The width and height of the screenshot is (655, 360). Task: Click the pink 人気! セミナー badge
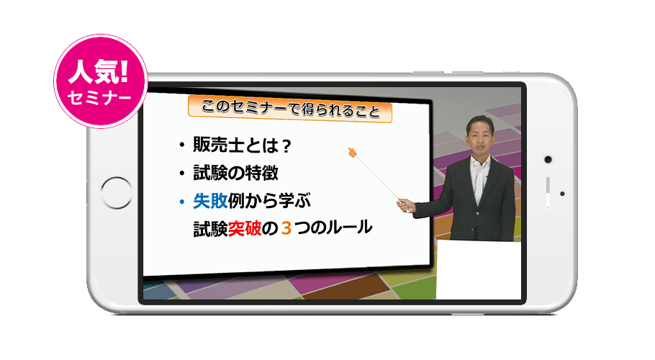(101, 81)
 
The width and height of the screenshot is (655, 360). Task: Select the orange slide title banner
(290, 109)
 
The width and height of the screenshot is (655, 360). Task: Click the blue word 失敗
(210, 202)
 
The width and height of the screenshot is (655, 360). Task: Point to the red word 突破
(245, 229)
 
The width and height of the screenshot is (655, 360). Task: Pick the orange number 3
(286, 229)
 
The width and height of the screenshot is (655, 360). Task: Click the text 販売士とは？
(243, 145)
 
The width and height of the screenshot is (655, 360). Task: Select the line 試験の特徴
(235, 173)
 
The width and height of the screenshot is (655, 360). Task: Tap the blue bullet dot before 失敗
(181, 202)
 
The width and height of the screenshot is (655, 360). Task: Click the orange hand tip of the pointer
(352, 153)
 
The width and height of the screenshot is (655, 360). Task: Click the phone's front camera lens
(548, 160)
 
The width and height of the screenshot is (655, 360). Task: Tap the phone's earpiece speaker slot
(548, 192)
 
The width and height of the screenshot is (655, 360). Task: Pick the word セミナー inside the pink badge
(99, 98)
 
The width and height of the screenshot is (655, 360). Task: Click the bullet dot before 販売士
(181, 145)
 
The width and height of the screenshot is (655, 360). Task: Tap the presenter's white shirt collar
(480, 163)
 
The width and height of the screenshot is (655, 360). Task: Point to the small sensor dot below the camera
(562, 194)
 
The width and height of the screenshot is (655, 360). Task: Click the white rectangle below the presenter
(479, 270)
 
